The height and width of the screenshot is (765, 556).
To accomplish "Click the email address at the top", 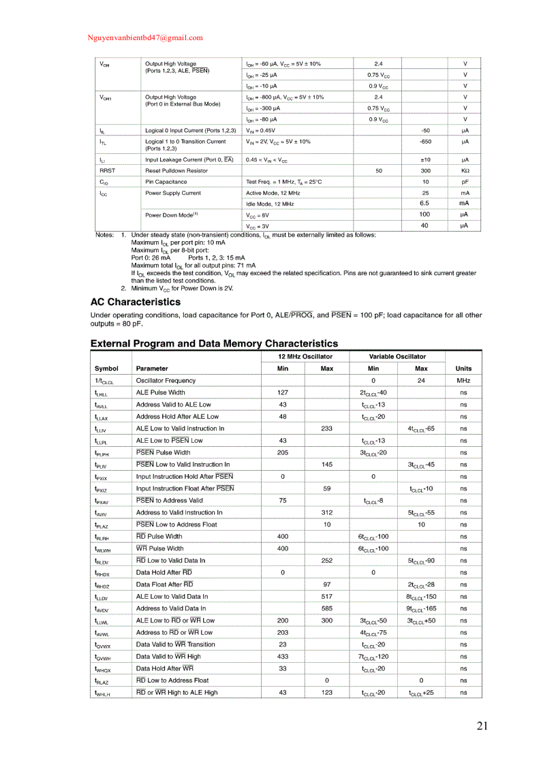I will point(145,38).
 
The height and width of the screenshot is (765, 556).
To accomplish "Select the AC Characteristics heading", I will point(136,302).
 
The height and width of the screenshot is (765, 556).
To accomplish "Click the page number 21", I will point(482,725).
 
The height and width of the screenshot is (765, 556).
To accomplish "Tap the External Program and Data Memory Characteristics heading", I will point(214,343).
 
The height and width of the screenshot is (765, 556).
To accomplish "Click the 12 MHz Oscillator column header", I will point(305,356).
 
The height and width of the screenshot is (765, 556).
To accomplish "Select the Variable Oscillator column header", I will point(397,356).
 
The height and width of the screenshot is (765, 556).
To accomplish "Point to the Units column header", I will point(463,369).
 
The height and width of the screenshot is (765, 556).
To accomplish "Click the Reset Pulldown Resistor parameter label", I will point(178,170).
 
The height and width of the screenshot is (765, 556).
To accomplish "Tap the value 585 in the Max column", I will point(327,608).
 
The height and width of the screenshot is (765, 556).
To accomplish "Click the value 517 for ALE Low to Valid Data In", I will point(327,596).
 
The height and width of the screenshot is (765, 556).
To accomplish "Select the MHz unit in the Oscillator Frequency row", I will point(463,381).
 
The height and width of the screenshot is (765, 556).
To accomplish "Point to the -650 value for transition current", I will point(425,142).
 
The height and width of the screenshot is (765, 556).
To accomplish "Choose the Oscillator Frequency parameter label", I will point(166,381).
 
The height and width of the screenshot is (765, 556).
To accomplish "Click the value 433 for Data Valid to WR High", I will point(283,657).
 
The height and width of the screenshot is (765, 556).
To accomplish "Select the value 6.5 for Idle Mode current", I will point(424,203).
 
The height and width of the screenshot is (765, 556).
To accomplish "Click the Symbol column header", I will point(106,369).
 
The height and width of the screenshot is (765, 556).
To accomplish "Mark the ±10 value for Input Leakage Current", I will point(425,159).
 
